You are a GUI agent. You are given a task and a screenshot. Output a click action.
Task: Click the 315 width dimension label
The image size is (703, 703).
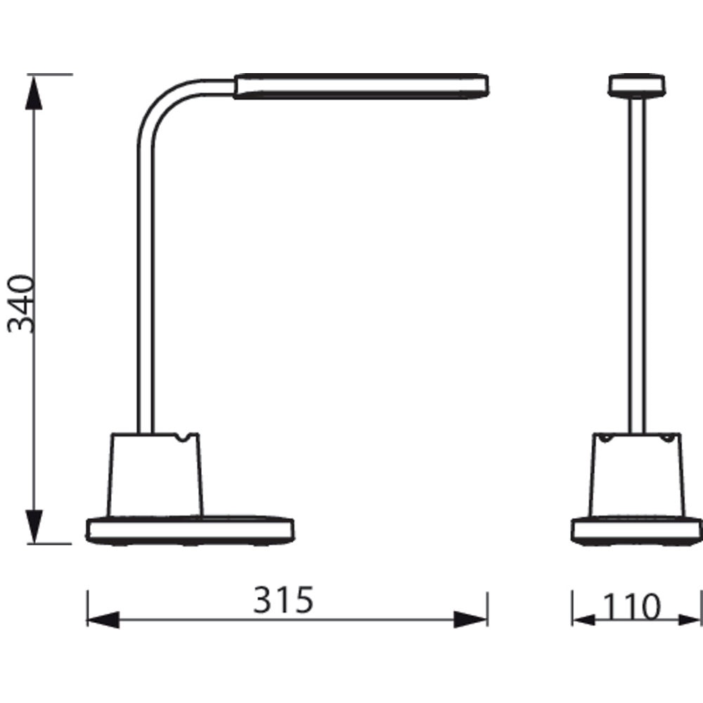click(283, 601)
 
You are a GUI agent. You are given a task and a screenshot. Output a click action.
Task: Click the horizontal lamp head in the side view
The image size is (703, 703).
click(361, 86)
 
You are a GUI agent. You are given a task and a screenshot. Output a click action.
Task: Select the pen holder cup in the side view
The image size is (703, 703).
click(155, 475)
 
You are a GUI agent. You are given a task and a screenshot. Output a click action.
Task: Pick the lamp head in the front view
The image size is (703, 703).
click(636, 85)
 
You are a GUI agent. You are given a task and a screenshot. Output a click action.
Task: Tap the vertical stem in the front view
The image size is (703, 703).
click(636, 267)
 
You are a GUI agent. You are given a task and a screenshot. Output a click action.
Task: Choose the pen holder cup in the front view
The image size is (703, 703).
click(636, 475)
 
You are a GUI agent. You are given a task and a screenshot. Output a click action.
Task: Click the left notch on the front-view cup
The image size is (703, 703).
click(605, 438)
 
